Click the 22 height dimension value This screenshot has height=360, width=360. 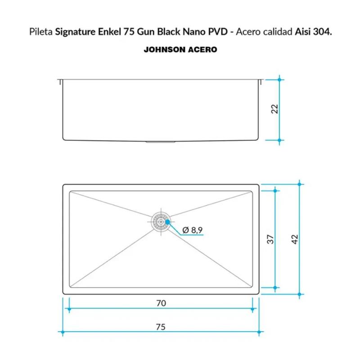click(x=274, y=109)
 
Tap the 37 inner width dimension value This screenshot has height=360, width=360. click(x=270, y=239)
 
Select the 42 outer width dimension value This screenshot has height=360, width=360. click(x=295, y=239)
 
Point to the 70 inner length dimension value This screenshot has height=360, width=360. click(x=161, y=303)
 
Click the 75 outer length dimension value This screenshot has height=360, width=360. click(x=161, y=327)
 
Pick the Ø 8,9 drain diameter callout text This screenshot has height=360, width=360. click(x=193, y=230)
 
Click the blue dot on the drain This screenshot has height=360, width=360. click(x=167, y=222)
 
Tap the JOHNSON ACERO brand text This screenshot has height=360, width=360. click(x=180, y=49)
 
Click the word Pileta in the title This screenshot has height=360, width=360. click(x=41, y=31)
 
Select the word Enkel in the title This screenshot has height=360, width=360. click(x=109, y=31)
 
